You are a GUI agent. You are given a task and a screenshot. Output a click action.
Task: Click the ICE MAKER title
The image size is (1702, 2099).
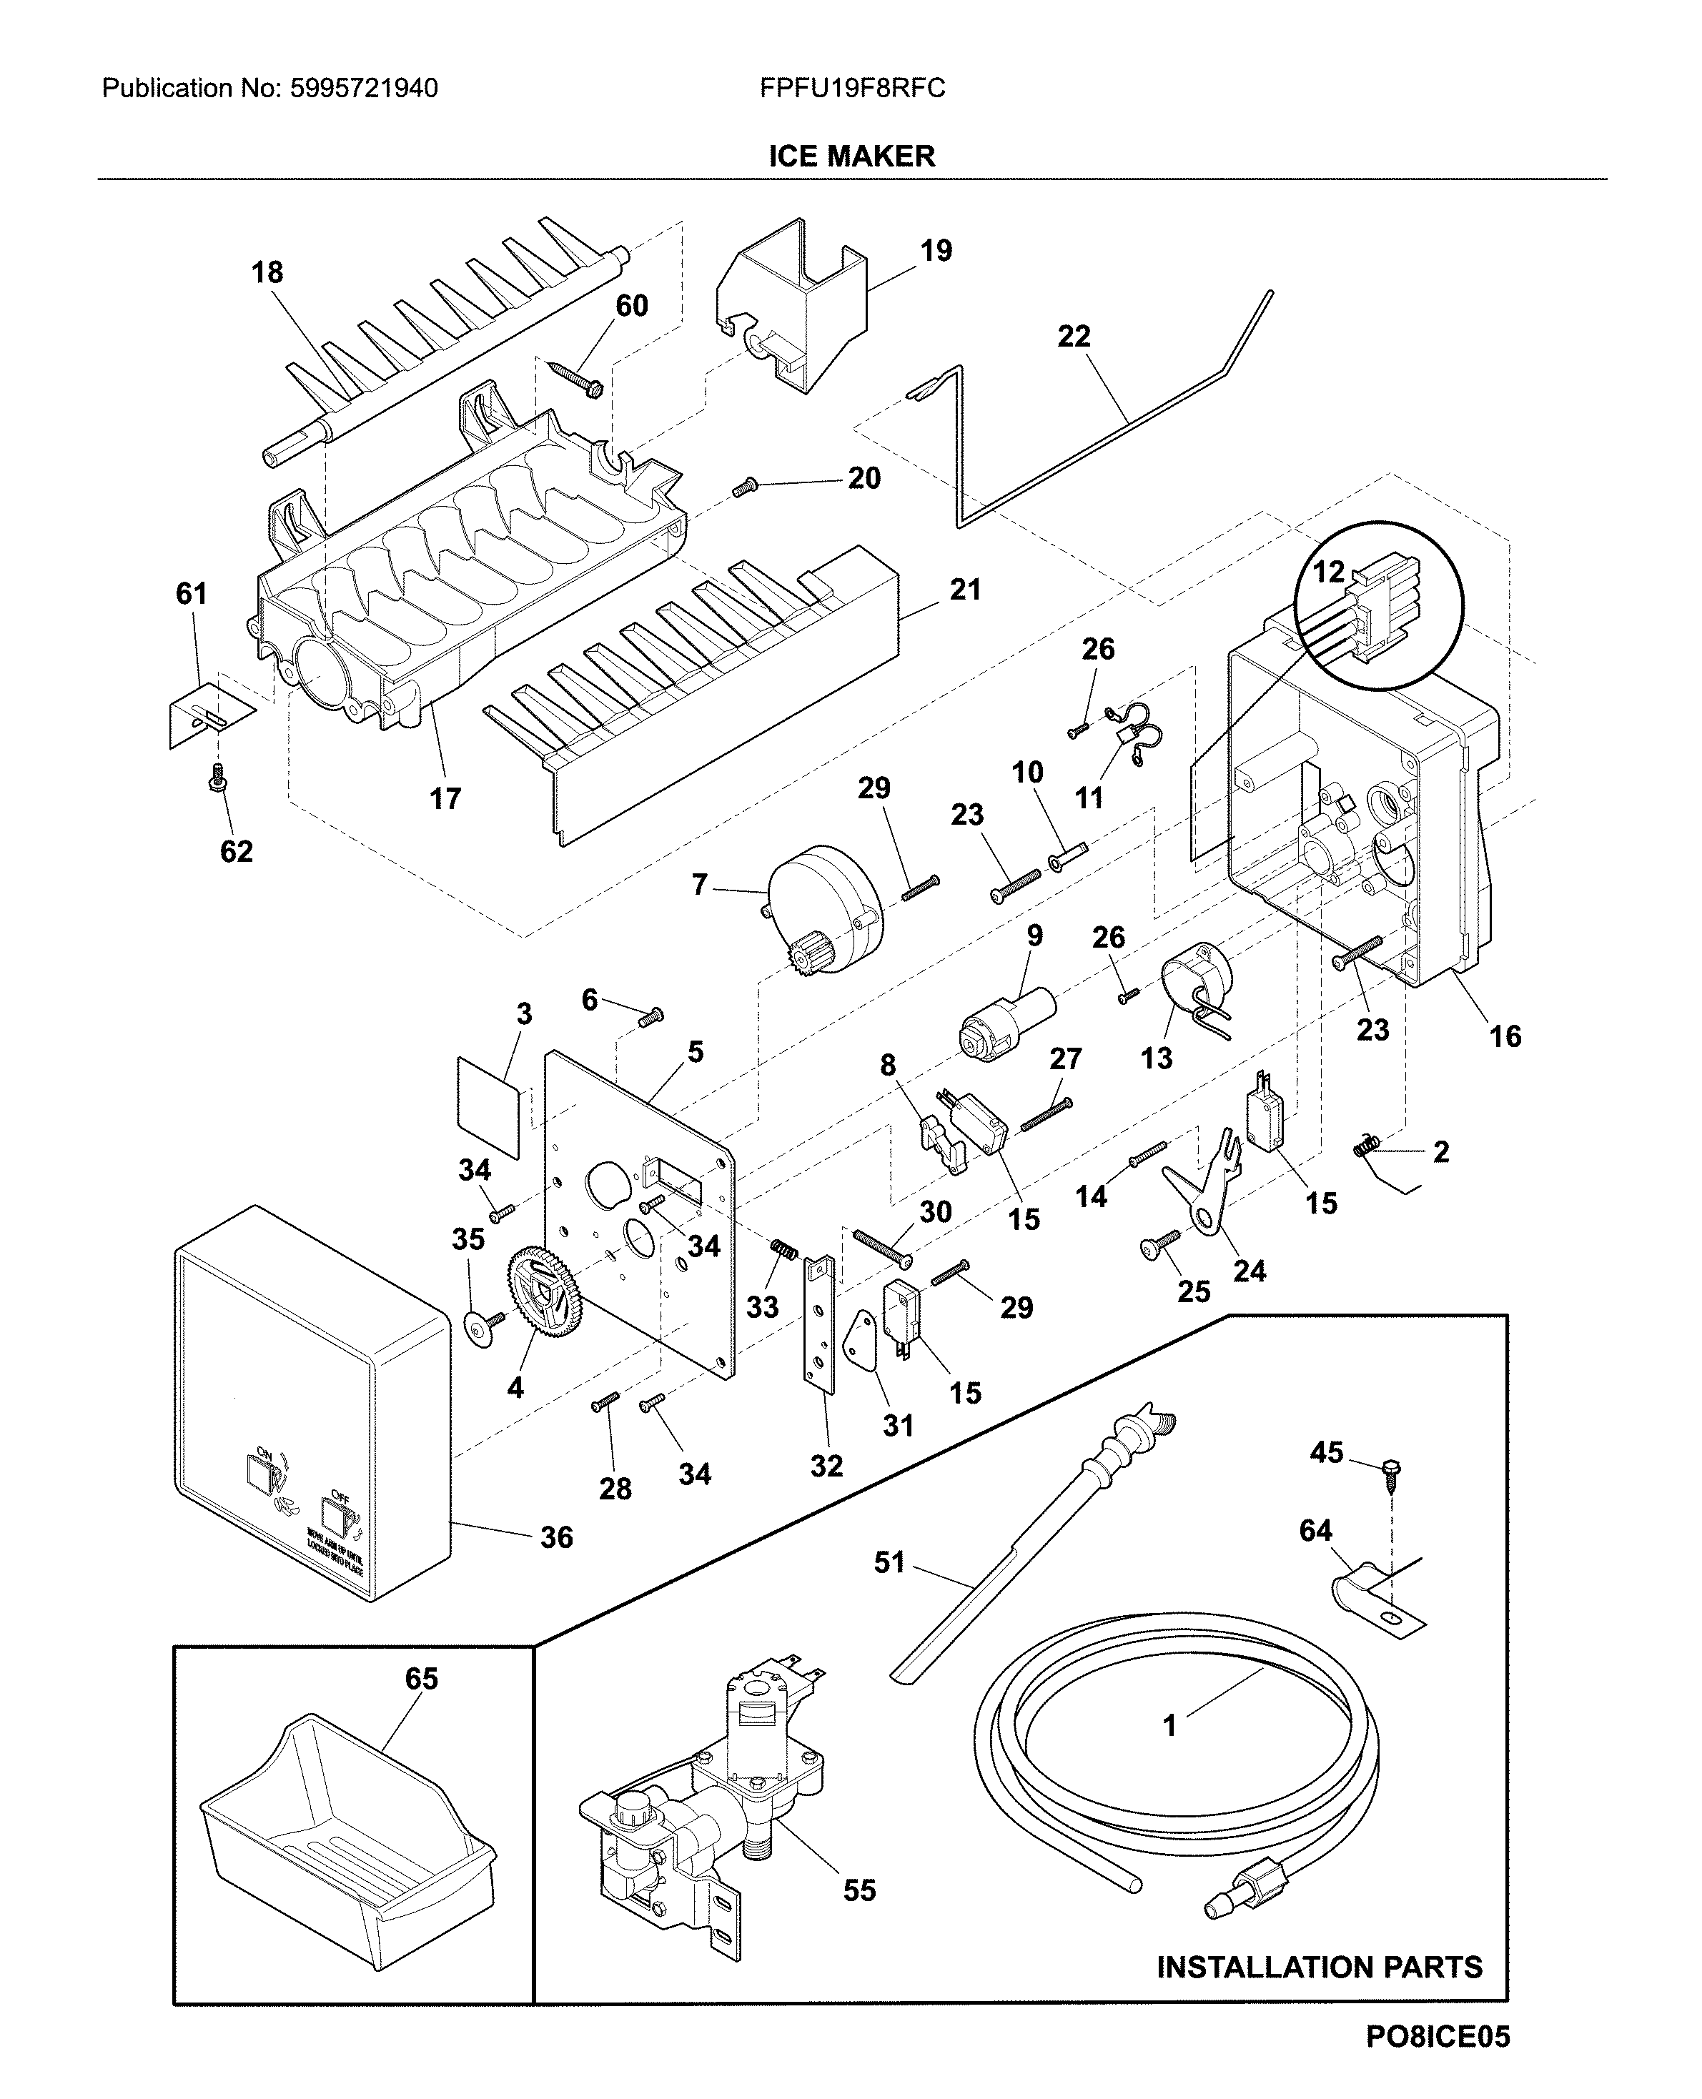(851, 156)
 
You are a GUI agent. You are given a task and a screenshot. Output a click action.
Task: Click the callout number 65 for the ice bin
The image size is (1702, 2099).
(422, 1679)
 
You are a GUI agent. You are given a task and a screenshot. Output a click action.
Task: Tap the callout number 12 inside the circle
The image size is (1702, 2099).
(1328, 572)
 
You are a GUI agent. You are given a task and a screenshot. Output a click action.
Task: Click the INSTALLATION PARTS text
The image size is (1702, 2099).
(1319, 1967)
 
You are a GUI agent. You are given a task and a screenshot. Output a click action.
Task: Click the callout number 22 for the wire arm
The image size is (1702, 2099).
(1074, 337)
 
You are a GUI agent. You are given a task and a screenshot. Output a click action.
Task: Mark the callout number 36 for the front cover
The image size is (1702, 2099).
(556, 1537)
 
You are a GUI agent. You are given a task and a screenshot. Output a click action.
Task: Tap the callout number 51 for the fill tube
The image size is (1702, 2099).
(889, 1562)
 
